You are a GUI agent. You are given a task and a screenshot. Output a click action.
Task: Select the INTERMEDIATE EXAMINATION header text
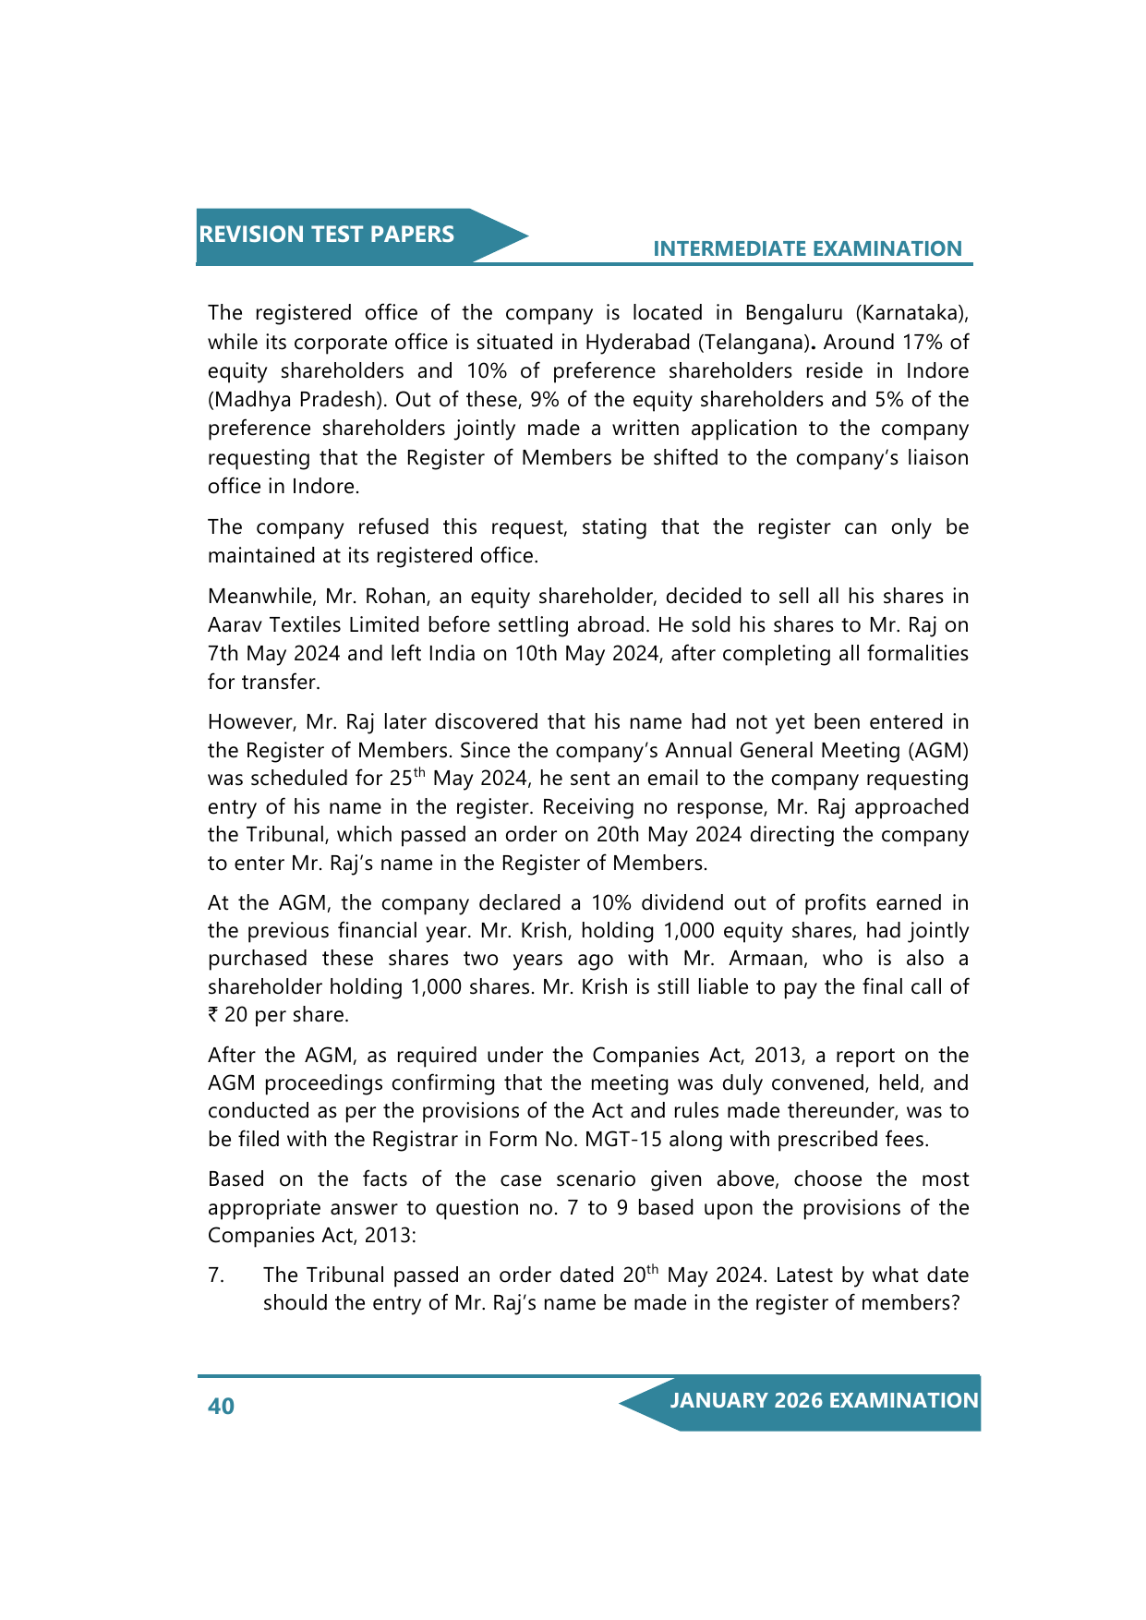tap(807, 249)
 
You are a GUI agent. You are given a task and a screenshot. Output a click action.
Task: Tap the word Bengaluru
tap(793, 313)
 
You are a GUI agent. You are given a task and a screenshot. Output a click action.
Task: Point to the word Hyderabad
tap(637, 343)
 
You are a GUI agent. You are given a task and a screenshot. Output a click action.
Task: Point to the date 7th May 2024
tap(274, 654)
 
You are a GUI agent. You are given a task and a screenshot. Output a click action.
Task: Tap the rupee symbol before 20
tap(213, 1015)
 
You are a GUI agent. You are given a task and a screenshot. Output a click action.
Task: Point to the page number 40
tap(222, 1407)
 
